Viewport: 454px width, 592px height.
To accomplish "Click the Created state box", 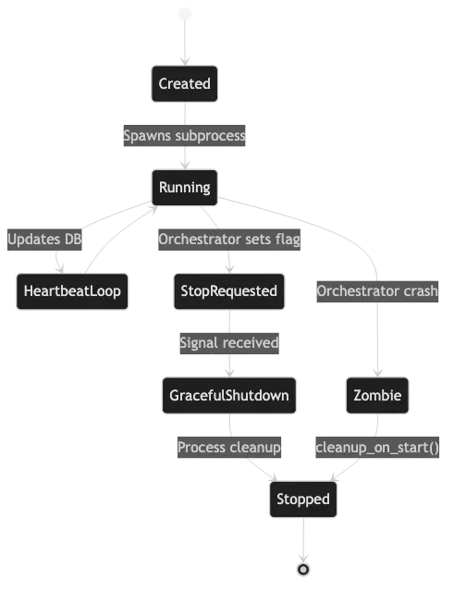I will [x=184, y=83].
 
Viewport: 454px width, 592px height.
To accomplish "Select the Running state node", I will [x=184, y=188].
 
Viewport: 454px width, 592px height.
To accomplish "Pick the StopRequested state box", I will [x=227, y=291].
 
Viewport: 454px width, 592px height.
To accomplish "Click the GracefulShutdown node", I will [x=228, y=396].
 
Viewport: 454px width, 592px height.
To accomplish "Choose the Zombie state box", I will [x=377, y=396].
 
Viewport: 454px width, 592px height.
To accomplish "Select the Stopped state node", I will [x=302, y=499].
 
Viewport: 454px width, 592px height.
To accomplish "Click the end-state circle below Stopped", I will [x=302, y=569].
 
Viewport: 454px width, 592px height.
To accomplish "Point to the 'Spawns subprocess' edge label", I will [x=185, y=135].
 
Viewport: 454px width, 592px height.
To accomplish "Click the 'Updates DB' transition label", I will [x=44, y=240].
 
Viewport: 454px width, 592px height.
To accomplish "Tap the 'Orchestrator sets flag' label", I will [x=229, y=240].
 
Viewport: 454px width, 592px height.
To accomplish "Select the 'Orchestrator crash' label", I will [x=377, y=291].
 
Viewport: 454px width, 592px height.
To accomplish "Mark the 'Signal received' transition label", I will [x=228, y=343].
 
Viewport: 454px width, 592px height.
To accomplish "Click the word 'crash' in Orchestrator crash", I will [x=421, y=291].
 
